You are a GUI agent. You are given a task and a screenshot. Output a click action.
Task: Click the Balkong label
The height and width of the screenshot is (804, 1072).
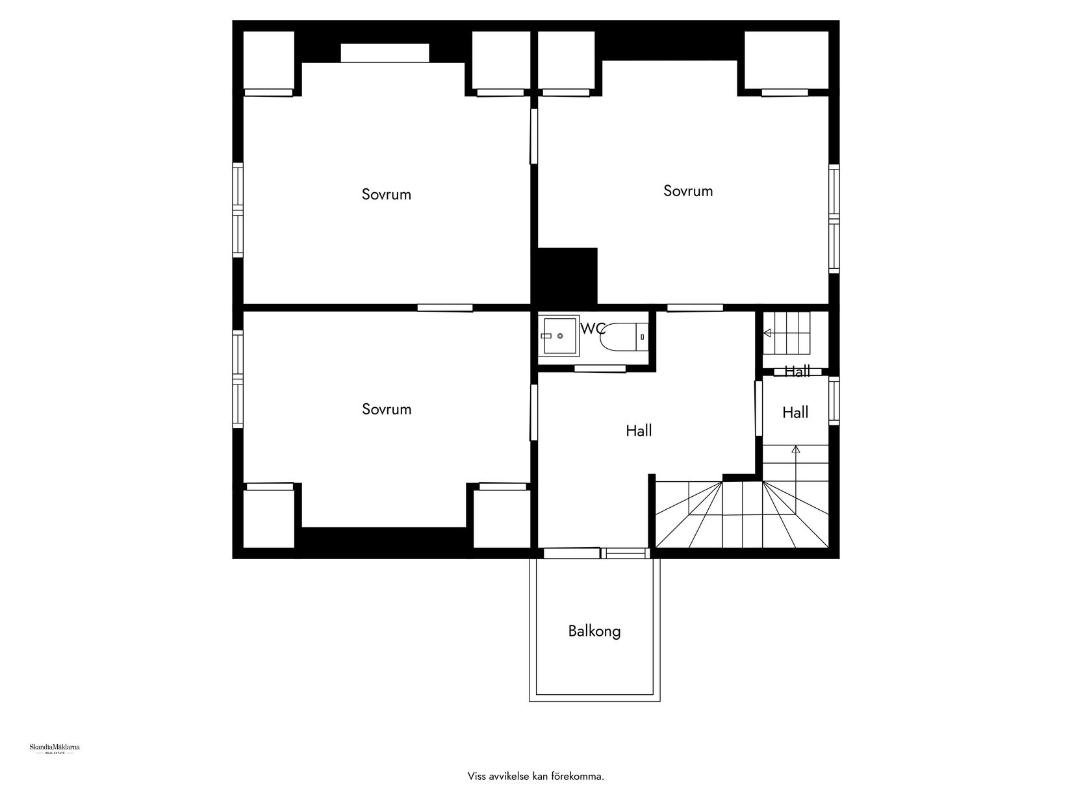tap(594, 631)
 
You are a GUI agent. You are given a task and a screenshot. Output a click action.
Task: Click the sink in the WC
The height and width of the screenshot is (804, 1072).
tap(559, 336)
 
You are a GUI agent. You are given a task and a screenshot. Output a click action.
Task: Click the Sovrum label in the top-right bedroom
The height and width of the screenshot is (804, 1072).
tap(688, 191)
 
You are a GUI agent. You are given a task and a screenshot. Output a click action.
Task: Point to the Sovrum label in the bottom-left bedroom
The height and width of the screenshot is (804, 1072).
tap(387, 409)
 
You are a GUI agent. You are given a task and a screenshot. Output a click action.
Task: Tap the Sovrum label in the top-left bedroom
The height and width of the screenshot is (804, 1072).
tap(387, 194)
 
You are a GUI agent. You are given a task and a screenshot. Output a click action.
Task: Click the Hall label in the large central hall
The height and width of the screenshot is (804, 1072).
tap(639, 431)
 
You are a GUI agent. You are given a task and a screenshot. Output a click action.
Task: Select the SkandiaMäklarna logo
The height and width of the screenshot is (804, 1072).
tap(55, 749)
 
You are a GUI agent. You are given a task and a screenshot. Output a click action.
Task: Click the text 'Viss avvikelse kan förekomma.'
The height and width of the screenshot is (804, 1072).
tap(536, 776)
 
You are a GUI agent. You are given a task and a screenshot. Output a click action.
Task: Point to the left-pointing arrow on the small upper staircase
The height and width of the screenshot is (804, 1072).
tap(767, 333)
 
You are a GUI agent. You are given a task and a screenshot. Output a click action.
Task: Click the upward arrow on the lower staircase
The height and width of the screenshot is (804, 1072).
tap(796, 449)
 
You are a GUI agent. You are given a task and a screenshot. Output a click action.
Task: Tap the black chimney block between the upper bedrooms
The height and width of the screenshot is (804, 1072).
tap(565, 276)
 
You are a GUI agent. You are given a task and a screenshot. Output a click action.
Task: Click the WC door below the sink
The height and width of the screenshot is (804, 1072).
tap(600, 369)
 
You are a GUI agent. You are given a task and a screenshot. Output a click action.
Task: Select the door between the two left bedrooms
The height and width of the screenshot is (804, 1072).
tap(445, 308)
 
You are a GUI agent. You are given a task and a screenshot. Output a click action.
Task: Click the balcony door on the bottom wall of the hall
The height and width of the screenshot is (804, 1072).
tap(571, 553)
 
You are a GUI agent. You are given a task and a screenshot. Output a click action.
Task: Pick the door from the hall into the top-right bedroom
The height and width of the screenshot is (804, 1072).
tap(695, 308)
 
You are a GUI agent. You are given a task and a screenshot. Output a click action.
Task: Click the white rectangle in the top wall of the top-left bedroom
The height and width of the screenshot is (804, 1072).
tap(385, 53)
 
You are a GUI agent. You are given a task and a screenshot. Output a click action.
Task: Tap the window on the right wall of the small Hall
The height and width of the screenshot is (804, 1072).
tap(834, 401)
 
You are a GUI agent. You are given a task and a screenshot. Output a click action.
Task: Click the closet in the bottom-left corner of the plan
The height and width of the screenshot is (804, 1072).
tap(268, 518)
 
